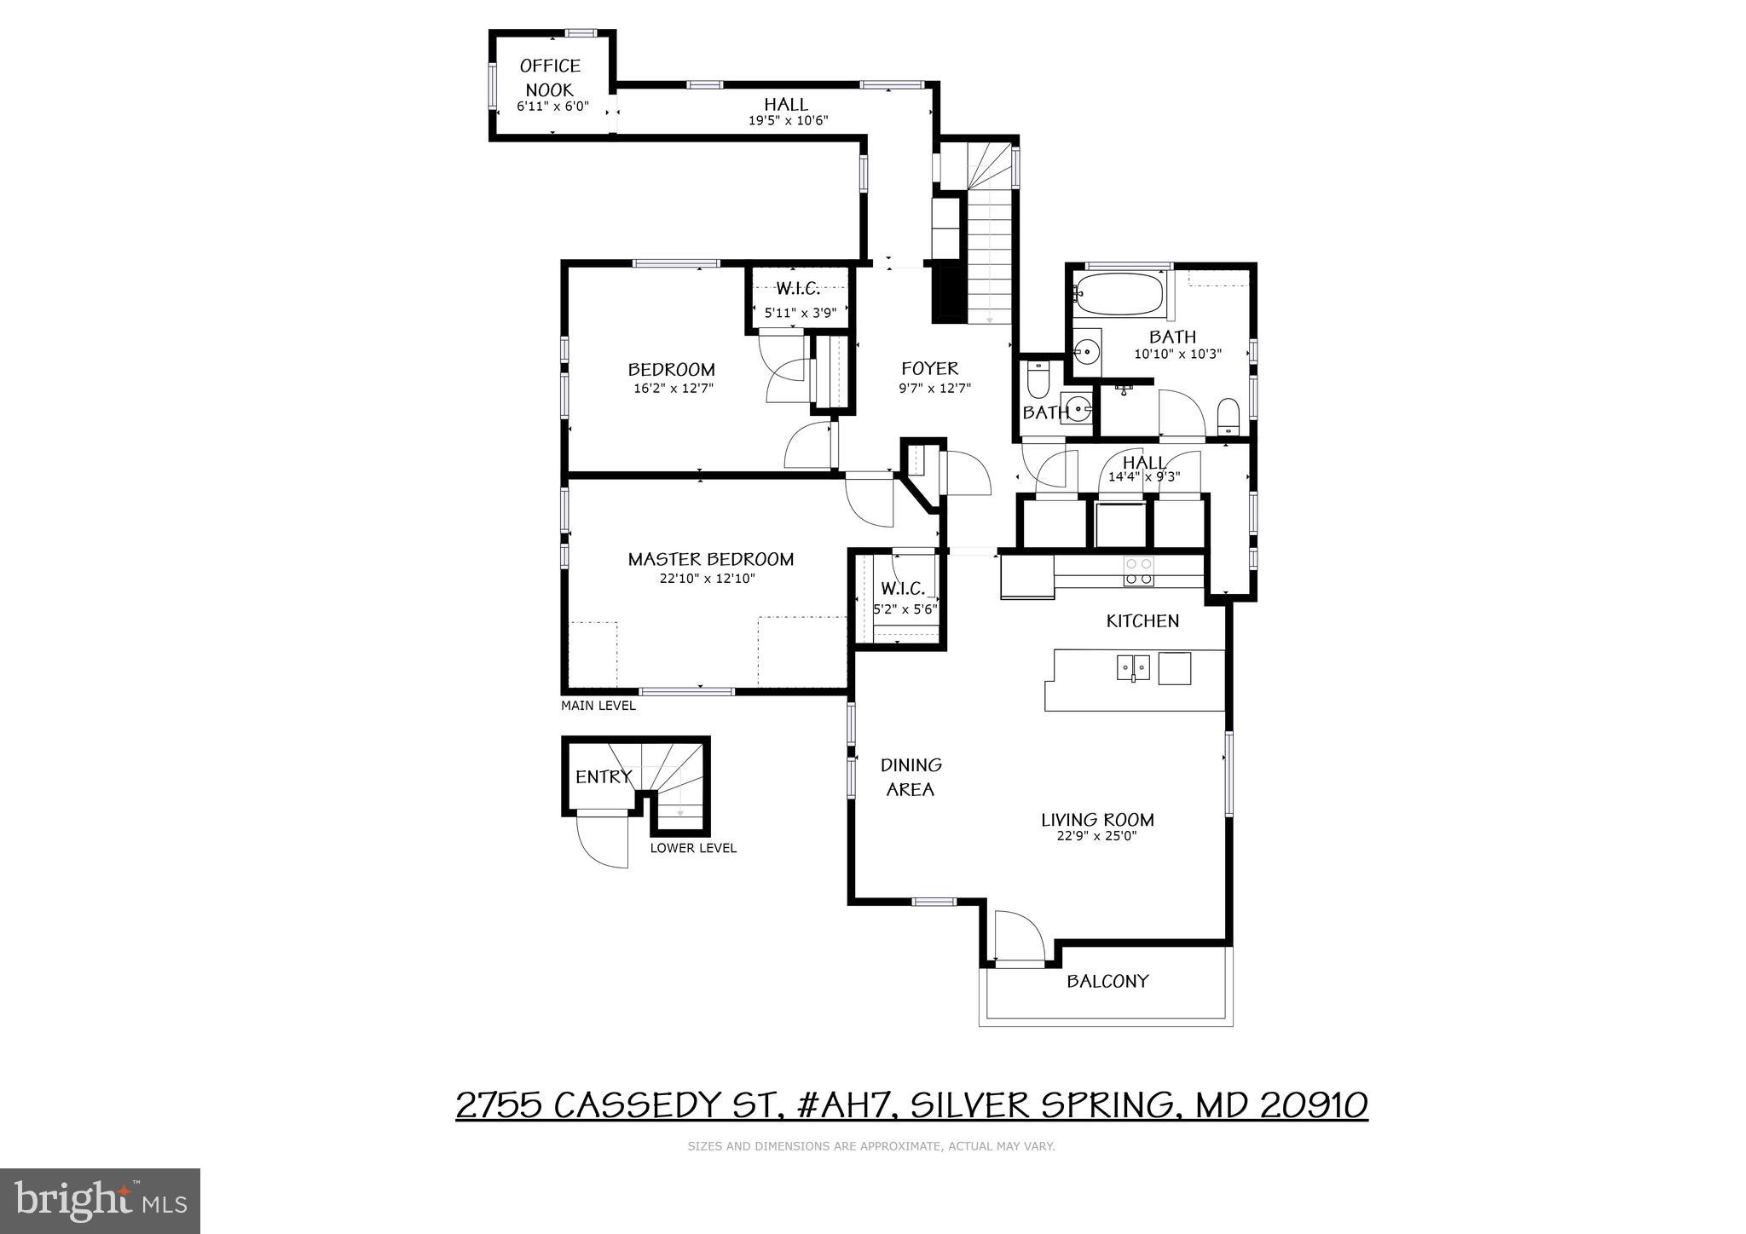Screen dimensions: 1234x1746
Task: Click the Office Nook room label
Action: click(550, 78)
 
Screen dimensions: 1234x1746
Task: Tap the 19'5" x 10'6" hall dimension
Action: click(788, 121)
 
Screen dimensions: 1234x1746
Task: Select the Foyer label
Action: click(930, 368)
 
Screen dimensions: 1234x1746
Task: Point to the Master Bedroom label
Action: click(710, 559)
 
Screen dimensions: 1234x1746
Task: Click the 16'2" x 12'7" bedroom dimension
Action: click(673, 389)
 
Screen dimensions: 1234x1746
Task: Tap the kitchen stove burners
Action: click(1138, 571)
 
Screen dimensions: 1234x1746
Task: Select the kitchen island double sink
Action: click(1133, 667)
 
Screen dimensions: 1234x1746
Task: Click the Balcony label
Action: click(1107, 981)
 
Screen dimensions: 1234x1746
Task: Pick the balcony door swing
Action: click(1020, 937)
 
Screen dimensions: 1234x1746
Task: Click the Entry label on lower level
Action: click(603, 776)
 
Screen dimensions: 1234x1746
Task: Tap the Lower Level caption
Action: click(693, 848)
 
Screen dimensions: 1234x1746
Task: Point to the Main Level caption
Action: click(598, 706)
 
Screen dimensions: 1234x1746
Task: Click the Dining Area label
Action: click(911, 776)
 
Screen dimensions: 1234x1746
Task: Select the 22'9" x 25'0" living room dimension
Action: click(1096, 836)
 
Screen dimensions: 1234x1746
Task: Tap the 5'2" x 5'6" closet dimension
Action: click(905, 609)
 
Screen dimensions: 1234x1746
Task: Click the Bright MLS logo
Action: click(100, 1201)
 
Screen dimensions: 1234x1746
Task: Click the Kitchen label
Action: click(1142, 620)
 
